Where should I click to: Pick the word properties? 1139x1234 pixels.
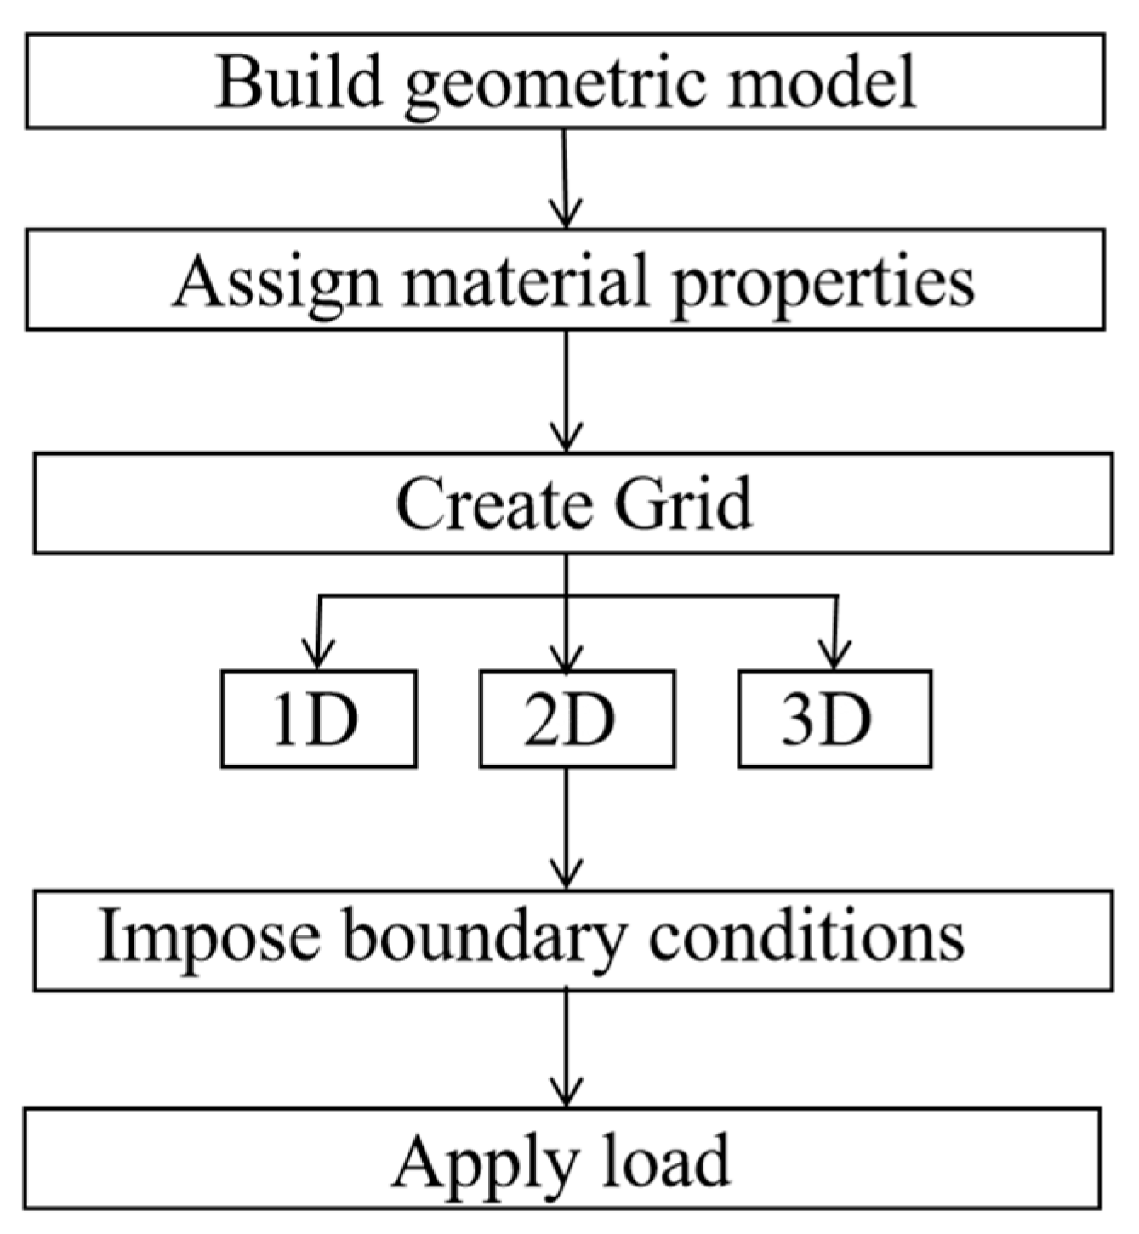823,285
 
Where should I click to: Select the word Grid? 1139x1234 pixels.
683,503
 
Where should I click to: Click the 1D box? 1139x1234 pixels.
318,719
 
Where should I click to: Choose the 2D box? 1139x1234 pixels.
577,719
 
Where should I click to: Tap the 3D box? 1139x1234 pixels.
834,719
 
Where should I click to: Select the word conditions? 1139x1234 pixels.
806,935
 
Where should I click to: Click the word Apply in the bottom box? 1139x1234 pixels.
485,1163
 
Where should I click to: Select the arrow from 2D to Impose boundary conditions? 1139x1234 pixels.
566,829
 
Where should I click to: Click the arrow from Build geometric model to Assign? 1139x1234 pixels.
566,179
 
